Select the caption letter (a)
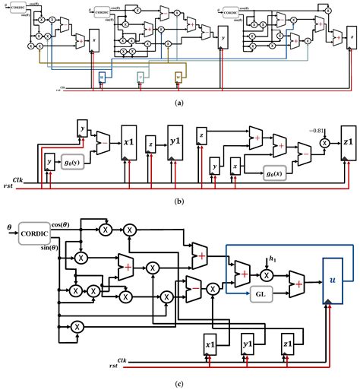click(179, 103)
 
